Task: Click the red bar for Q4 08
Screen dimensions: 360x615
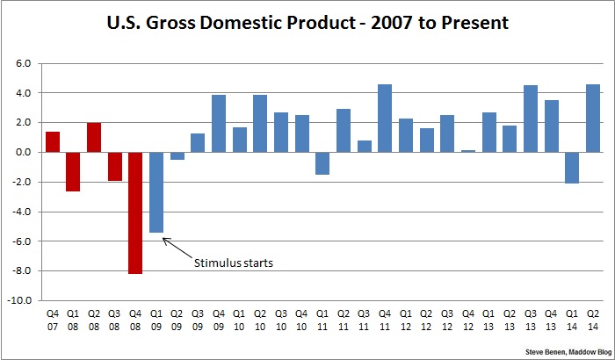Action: point(135,212)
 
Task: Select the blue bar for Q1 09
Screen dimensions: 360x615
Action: point(156,192)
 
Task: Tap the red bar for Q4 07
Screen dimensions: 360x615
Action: point(53,141)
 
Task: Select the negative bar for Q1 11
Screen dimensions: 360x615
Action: point(322,162)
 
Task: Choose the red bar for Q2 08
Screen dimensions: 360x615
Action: point(94,137)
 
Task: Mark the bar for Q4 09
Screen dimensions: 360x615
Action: point(219,123)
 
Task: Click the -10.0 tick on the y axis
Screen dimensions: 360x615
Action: point(20,300)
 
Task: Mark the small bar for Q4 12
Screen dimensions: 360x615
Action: point(468,151)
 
